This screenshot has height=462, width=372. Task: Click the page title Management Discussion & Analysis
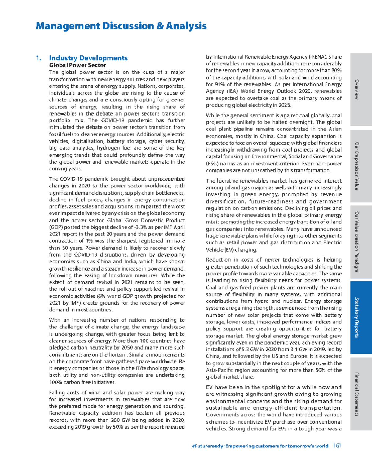point(121,26)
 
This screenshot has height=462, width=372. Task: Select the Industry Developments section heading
point(88,58)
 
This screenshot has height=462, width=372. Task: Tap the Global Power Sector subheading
point(77,65)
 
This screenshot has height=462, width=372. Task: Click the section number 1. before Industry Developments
point(38,58)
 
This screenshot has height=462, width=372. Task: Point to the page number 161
point(337,446)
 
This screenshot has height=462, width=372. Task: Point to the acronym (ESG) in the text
point(212,164)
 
